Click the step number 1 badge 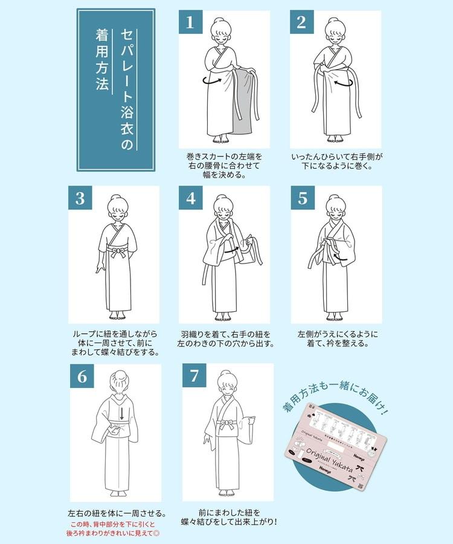tap(190, 23)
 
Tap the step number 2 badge tap(301, 23)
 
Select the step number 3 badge tap(80, 198)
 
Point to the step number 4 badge tap(191, 198)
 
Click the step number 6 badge tap(82, 376)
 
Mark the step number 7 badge tap(194, 376)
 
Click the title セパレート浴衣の tap(126, 89)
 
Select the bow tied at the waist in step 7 tap(229, 424)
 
